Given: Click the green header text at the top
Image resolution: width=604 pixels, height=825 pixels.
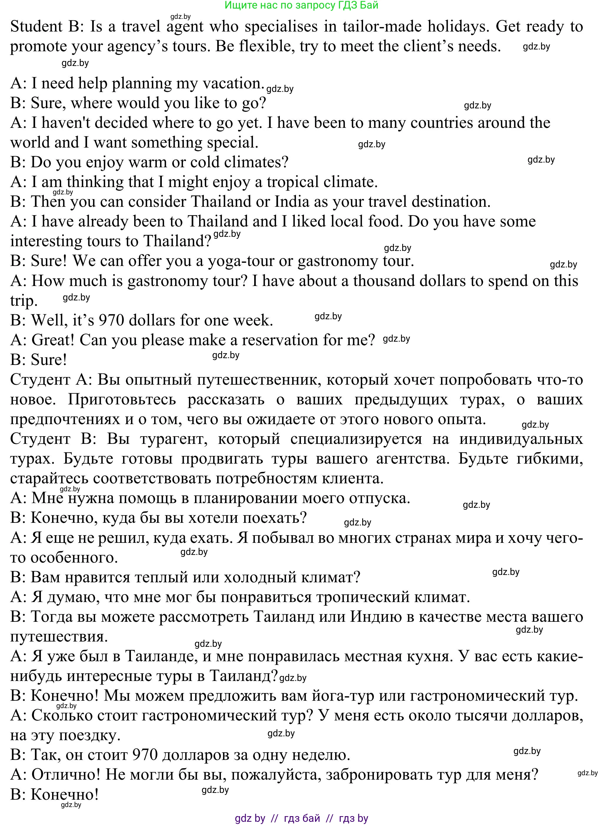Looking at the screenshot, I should pyautogui.click(x=301, y=5).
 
